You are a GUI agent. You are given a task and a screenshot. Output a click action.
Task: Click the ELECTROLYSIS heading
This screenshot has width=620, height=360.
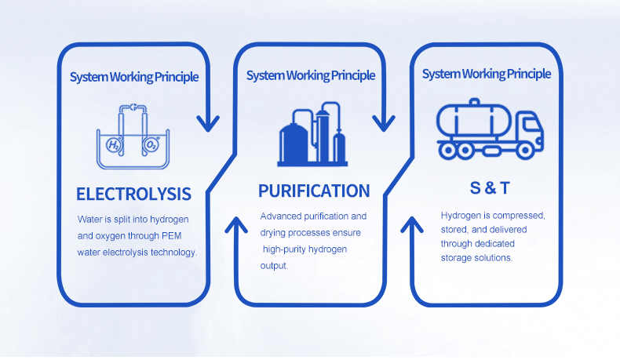pyautogui.click(x=133, y=194)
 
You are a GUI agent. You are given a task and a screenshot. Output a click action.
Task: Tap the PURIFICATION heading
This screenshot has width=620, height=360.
pyautogui.click(x=314, y=191)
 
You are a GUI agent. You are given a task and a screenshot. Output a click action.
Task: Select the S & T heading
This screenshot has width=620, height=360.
pyautogui.click(x=490, y=188)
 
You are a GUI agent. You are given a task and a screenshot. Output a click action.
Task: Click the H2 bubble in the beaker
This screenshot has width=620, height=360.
pyautogui.click(x=114, y=145)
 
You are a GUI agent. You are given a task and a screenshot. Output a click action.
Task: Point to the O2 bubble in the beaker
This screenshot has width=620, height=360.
pyautogui.click(x=151, y=145)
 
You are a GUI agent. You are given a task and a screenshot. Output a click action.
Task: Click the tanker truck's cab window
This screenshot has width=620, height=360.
pyautogui.click(x=531, y=125)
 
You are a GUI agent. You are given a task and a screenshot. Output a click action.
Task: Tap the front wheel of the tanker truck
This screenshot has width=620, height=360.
pyautogui.click(x=525, y=150)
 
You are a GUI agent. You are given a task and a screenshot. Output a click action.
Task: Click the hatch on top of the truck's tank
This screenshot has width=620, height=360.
pyautogui.click(x=474, y=102)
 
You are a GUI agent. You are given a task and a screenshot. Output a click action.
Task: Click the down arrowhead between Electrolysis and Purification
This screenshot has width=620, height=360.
pyautogui.click(x=208, y=124)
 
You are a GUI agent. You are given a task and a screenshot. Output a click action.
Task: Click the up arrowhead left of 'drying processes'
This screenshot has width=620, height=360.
pyautogui.click(x=236, y=224)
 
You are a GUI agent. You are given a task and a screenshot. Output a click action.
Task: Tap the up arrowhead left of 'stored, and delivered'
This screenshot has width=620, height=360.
pyautogui.click(x=412, y=224)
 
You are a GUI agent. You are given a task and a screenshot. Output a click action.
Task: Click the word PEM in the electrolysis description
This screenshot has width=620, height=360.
pyautogui.click(x=172, y=236)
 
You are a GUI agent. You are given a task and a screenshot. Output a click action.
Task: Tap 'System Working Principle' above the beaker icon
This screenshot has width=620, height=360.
pyautogui.click(x=134, y=77)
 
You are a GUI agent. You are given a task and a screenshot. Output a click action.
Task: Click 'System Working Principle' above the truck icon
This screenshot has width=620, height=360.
pyautogui.click(x=487, y=74)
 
